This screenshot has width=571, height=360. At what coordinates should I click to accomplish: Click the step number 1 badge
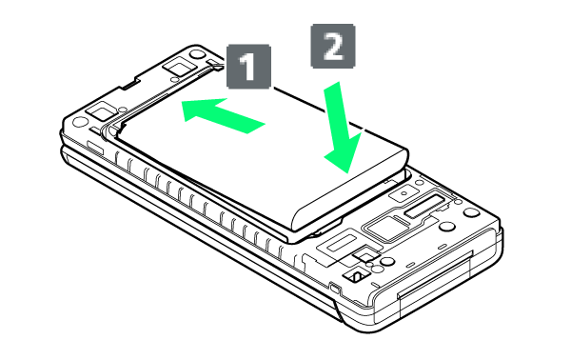pyautogui.click(x=248, y=67)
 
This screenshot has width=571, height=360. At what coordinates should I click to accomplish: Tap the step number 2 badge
pyautogui.click(x=333, y=46)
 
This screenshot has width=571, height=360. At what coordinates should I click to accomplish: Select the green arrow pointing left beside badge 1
pyautogui.click(x=223, y=115)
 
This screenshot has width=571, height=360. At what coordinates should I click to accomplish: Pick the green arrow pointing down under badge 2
pyautogui.click(x=343, y=128)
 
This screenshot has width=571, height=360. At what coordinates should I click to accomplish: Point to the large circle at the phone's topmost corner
pyautogui.click(x=197, y=54)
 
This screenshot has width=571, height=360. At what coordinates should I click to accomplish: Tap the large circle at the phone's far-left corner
pyautogui.click(x=81, y=122)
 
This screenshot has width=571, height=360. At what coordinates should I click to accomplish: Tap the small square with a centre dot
pyautogui.click(x=404, y=193)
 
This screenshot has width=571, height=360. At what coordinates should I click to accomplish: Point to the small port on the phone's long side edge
pyautogui.click(x=335, y=287)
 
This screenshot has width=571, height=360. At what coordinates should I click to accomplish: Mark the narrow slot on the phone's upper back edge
pyautogui.click(x=129, y=86)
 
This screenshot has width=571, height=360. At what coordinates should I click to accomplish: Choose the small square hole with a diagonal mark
pyautogui.click(x=357, y=276)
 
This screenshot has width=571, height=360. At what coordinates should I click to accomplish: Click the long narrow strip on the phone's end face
pyautogui.click(x=436, y=274)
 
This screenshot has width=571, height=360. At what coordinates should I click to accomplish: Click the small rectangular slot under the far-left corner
pyautogui.click(x=95, y=148)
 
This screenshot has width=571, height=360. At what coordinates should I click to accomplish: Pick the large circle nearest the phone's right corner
pyautogui.click(x=472, y=212)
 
